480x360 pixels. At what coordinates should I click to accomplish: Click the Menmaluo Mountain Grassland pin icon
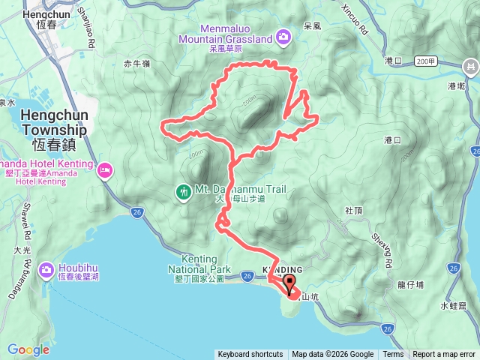(x=283, y=35)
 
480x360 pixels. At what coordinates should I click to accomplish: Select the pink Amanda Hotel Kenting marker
(x=104, y=171)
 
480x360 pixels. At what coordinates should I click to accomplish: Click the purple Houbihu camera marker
(x=46, y=268)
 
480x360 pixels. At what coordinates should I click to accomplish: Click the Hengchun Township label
(x=54, y=121)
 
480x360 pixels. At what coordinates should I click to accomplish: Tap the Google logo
(x=28, y=349)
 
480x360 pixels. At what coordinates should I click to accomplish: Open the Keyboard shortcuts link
(x=250, y=355)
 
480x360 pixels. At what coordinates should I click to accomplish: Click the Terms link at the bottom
(x=393, y=355)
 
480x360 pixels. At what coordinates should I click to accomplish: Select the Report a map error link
(x=443, y=355)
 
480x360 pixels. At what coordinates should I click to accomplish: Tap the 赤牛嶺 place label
(x=138, y=64)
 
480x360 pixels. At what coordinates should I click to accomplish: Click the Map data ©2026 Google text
(x=332, y=355)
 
